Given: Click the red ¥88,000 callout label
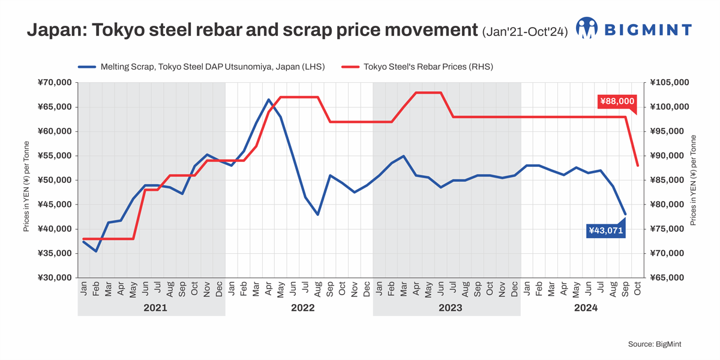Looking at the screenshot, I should (x=617, y=102).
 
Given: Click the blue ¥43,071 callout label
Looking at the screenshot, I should (x=606, y=230).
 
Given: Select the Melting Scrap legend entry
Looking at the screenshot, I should (x=201, y=67).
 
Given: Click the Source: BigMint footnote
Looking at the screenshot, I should (x=655, y=344).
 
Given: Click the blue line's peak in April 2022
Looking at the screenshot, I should (x=268, y=100).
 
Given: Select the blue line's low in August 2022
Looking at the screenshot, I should (x=317, y=214).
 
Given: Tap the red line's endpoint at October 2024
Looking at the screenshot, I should (x=638, y=166).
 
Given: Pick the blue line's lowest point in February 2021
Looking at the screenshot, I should (x=96, y=251).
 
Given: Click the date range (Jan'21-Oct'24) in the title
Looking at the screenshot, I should (x=525, y=32).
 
